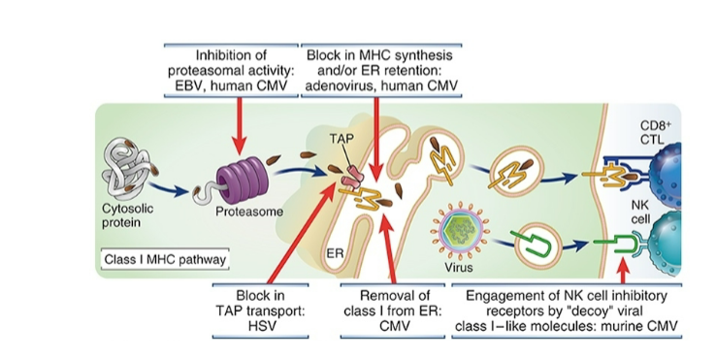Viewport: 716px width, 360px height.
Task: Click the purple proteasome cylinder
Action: click(239, 181)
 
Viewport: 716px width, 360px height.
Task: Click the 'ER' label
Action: click(336, 253)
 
